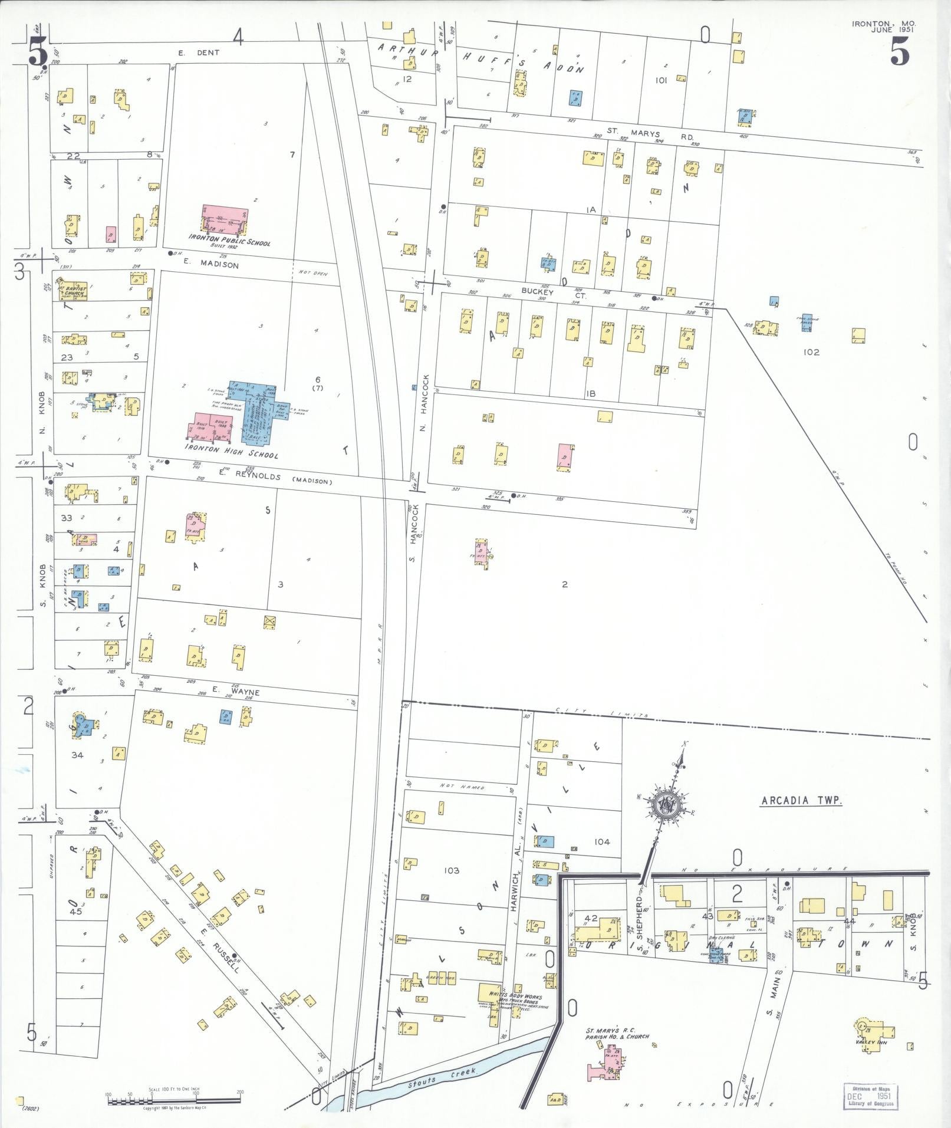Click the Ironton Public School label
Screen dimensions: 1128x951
coord(229,241)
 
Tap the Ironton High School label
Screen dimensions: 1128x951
coord(231,450)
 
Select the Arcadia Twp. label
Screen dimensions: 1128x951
coord(801,801)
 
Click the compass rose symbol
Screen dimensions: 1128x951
coord(667,803)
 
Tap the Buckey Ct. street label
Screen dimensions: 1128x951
coord(542,290)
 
